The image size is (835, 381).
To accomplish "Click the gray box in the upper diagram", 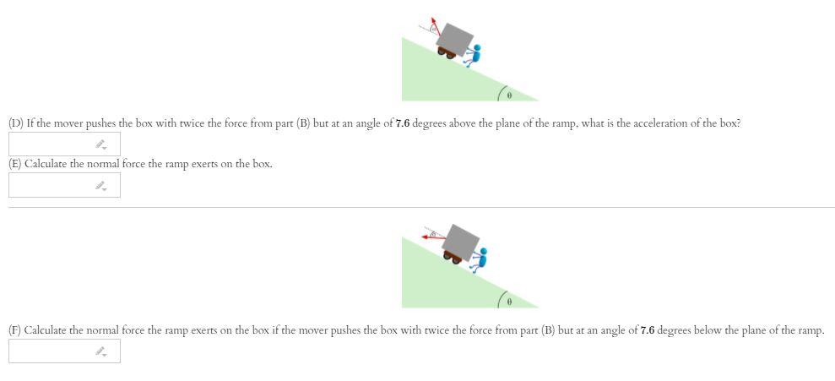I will coord(457,37).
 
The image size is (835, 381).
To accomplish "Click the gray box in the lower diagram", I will coord(461,240).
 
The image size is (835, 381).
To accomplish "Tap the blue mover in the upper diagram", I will coord(474,55).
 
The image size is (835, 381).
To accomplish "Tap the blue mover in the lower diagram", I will coord(480,257).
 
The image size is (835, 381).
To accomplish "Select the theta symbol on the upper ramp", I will coord(509,94).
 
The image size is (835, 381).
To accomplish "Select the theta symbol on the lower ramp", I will coord(509,301).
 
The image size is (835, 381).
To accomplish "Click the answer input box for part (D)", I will coord(64,144).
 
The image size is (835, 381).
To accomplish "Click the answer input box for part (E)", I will coord(64,185).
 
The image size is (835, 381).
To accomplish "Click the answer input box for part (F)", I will coord(64,351).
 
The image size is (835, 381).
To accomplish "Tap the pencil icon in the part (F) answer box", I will coord(100,351).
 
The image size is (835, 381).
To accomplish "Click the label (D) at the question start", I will coord(16,123).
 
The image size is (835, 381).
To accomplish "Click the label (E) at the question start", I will coord(15,164).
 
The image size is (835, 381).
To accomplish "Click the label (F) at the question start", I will coord(15,330).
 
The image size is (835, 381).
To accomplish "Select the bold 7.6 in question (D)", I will coord(402,123).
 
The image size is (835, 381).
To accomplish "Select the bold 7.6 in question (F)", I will coord(648,330).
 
